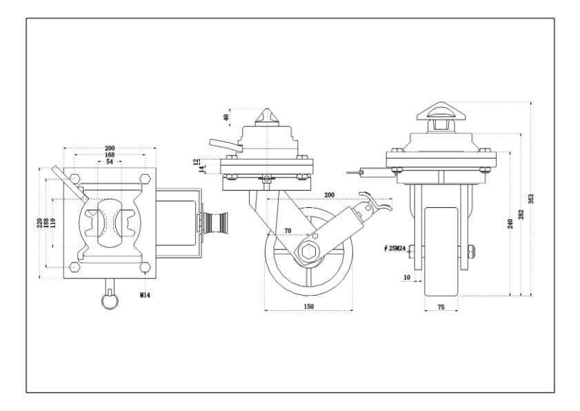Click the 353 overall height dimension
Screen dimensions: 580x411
531,198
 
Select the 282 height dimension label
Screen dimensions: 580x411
521,215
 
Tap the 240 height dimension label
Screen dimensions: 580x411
510,224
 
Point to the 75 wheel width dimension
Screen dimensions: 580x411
441,307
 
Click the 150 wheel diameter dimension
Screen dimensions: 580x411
308,306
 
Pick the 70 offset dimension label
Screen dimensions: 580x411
288,231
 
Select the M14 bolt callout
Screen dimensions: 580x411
145,295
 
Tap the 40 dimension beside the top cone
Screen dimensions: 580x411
226,117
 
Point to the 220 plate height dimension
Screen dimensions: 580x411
39,222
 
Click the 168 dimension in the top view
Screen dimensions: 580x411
110,155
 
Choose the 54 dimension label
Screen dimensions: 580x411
110,161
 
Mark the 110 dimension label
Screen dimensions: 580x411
53,222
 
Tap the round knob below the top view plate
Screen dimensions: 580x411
110,301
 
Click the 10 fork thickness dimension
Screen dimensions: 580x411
407,277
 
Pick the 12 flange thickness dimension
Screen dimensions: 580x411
196,162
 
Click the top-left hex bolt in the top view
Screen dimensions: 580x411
74,179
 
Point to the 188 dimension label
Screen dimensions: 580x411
46,222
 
